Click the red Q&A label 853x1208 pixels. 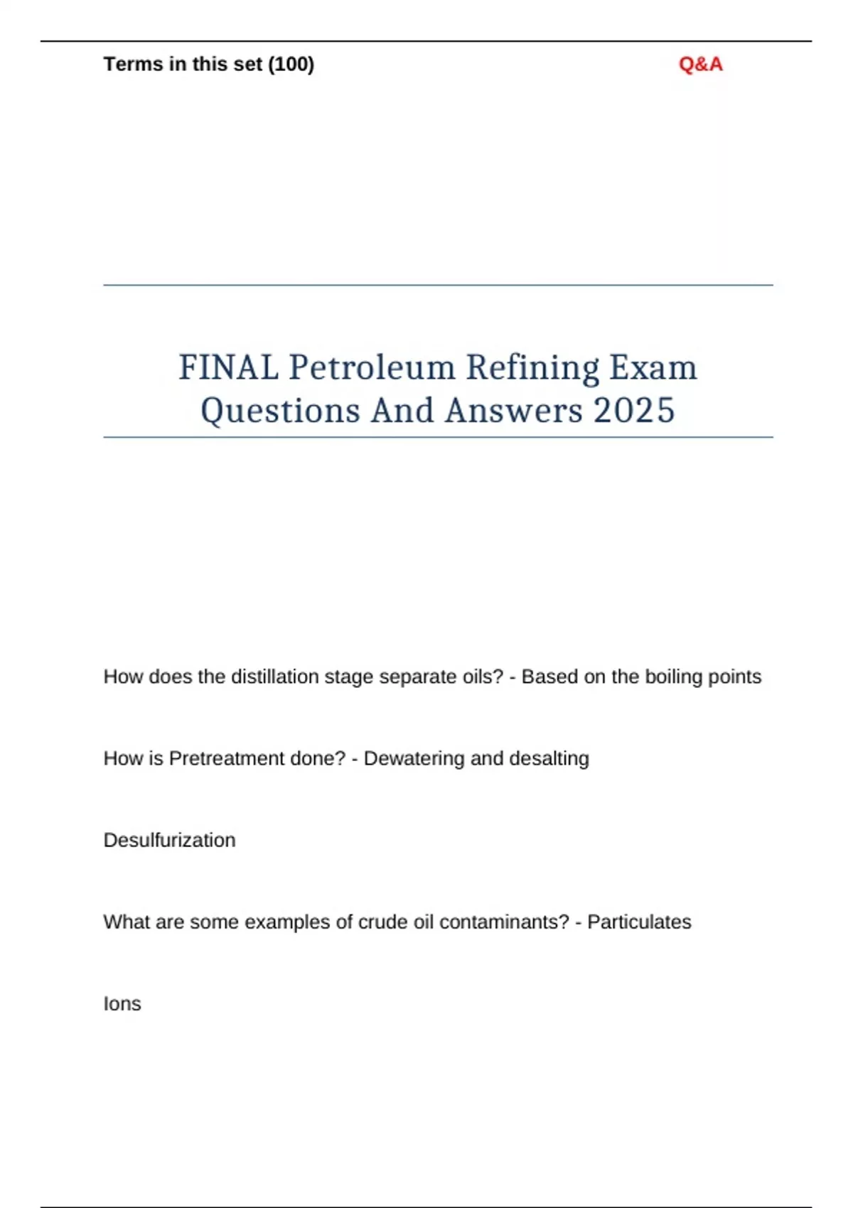700,65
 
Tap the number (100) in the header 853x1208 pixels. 291,65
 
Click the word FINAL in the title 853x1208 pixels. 228,367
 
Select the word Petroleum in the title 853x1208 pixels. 372,367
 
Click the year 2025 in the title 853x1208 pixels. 633,411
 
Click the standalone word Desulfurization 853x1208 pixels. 169,840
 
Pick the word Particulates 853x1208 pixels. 639,922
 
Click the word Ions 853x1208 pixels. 122,1003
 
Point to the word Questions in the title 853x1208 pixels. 280,411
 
